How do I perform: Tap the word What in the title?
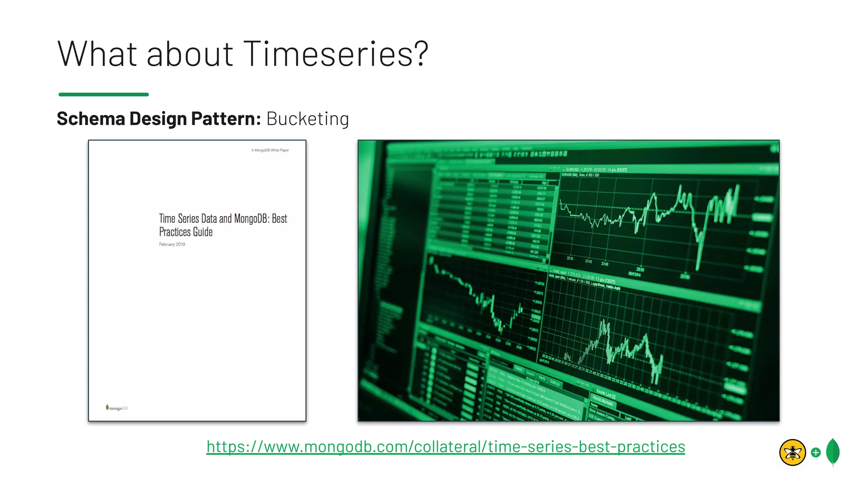click(97, 54)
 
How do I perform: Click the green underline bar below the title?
click(104, 94)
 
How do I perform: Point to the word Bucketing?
click(308, 119)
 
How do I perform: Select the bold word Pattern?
click(226, 119)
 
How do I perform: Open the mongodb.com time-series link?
click(445, 447)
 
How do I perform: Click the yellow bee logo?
click(792, 453)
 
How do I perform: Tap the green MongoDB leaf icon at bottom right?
click(833, 452)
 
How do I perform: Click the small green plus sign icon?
click(816, 453)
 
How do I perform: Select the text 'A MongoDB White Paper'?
click(270, 150)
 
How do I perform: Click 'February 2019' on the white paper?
click(172, 244)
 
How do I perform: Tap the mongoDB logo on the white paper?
click(117, 408)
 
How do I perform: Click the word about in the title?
click(190, 54)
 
